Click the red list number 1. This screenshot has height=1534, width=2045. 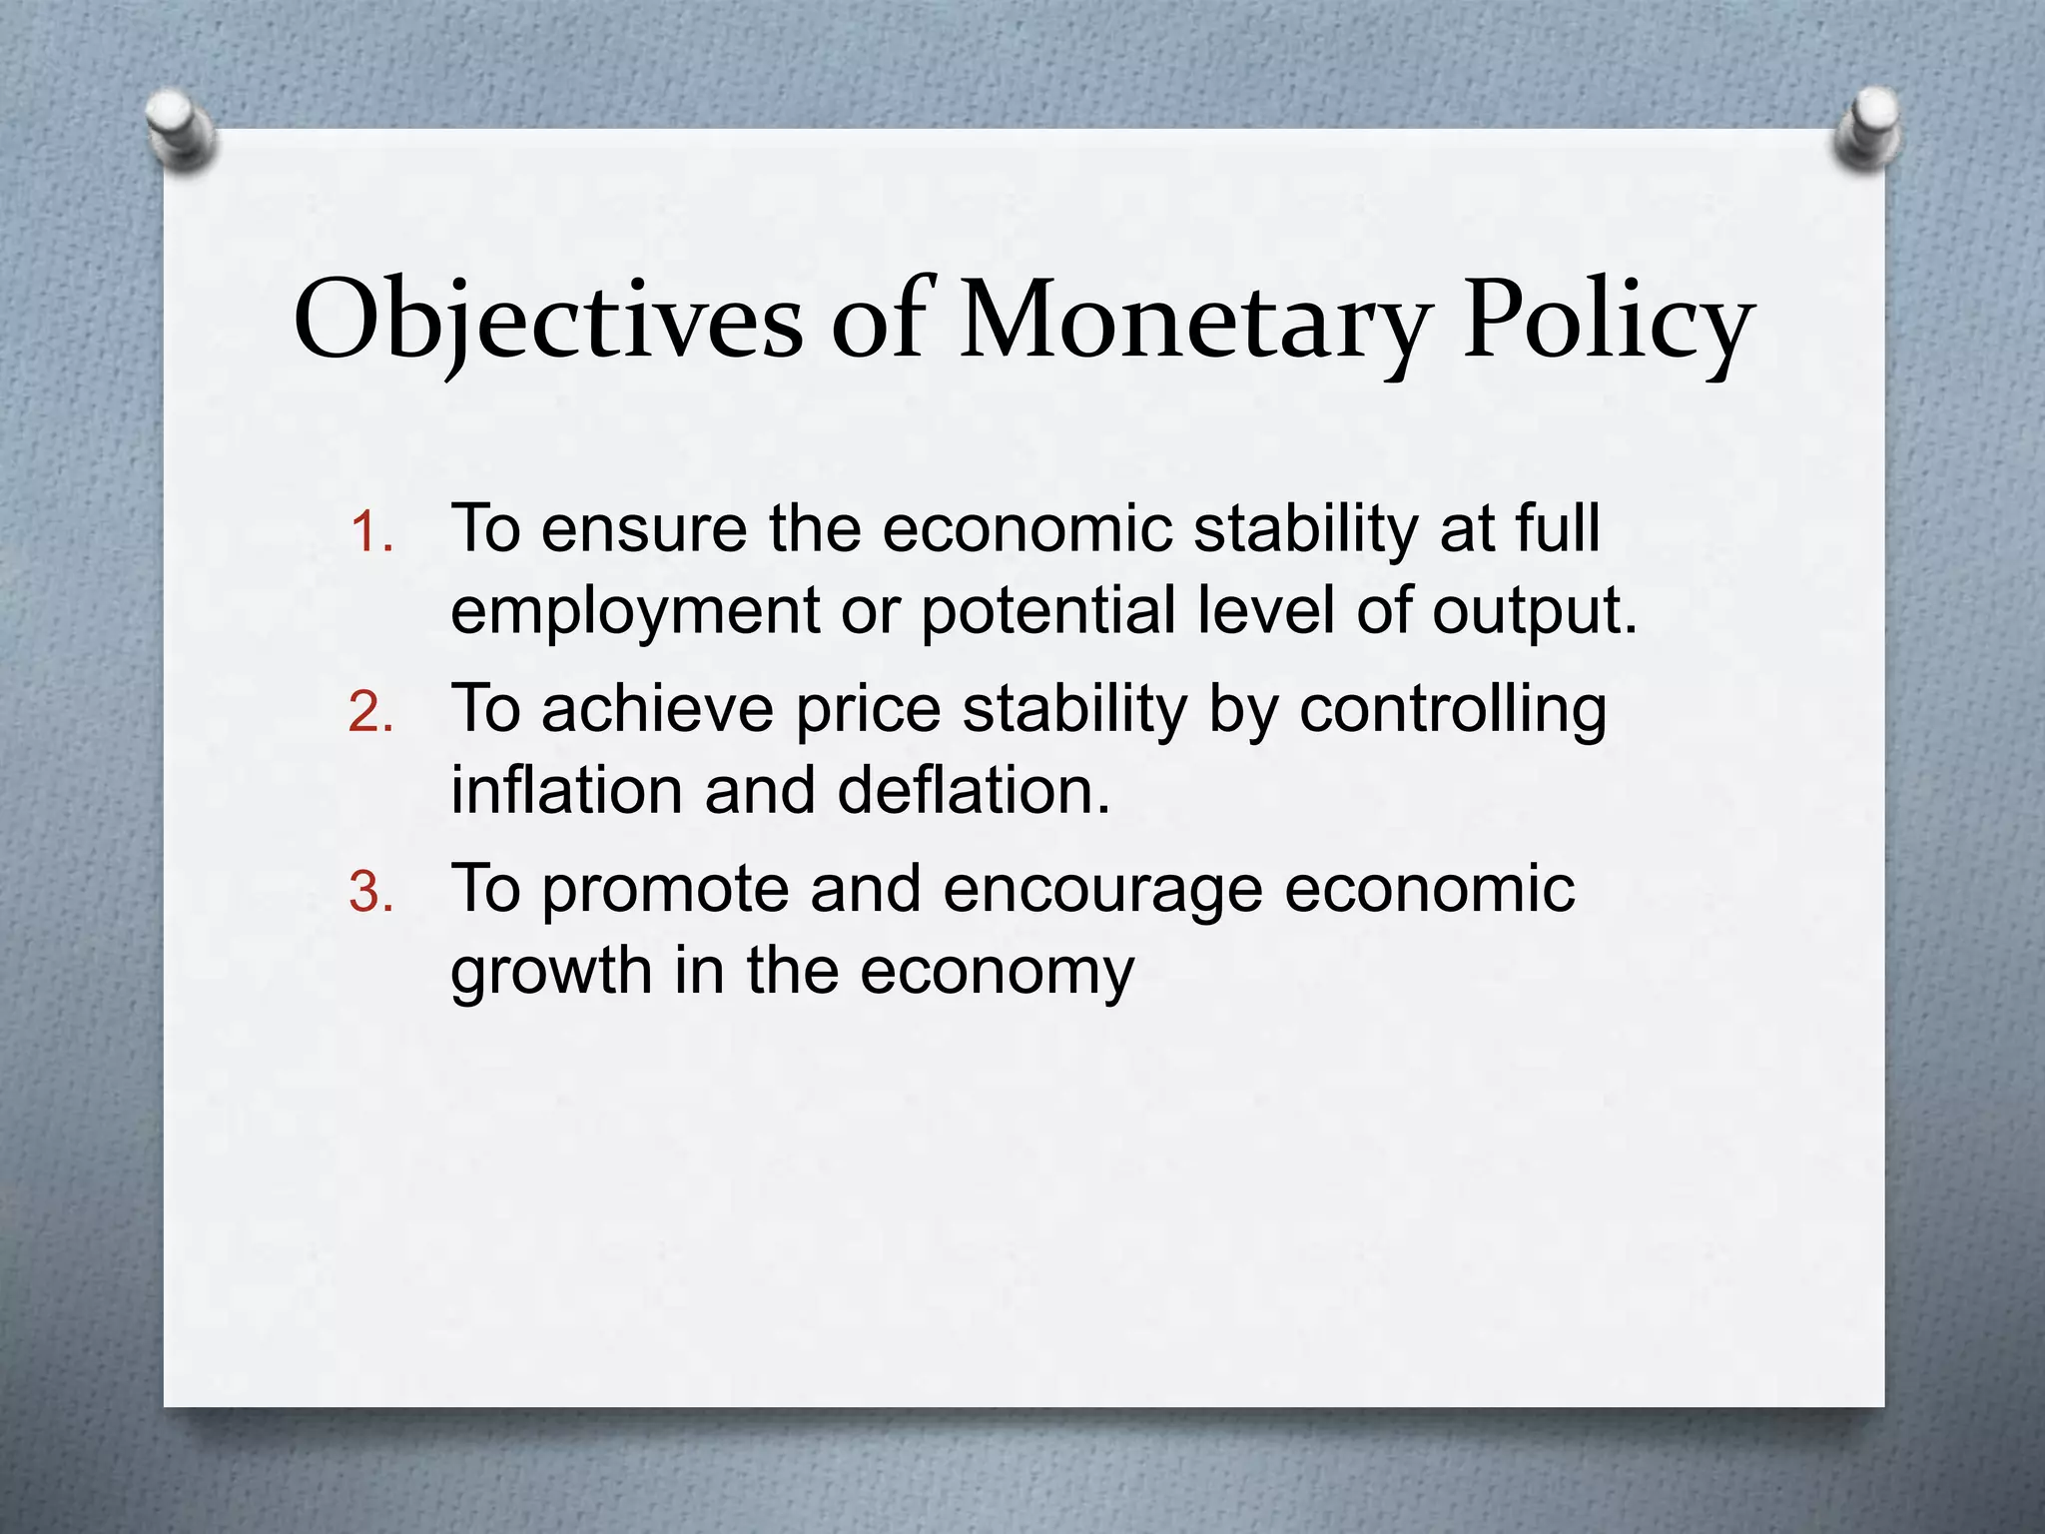coord(370,533)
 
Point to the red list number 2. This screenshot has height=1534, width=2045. coord(370,713)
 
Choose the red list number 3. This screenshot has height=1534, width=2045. coord(370,893)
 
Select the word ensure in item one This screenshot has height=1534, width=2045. coord(644,529)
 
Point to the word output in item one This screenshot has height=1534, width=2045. coord(1534,611)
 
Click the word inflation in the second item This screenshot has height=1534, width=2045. coord(566,790)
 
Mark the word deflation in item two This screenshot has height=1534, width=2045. coord(974,790)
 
